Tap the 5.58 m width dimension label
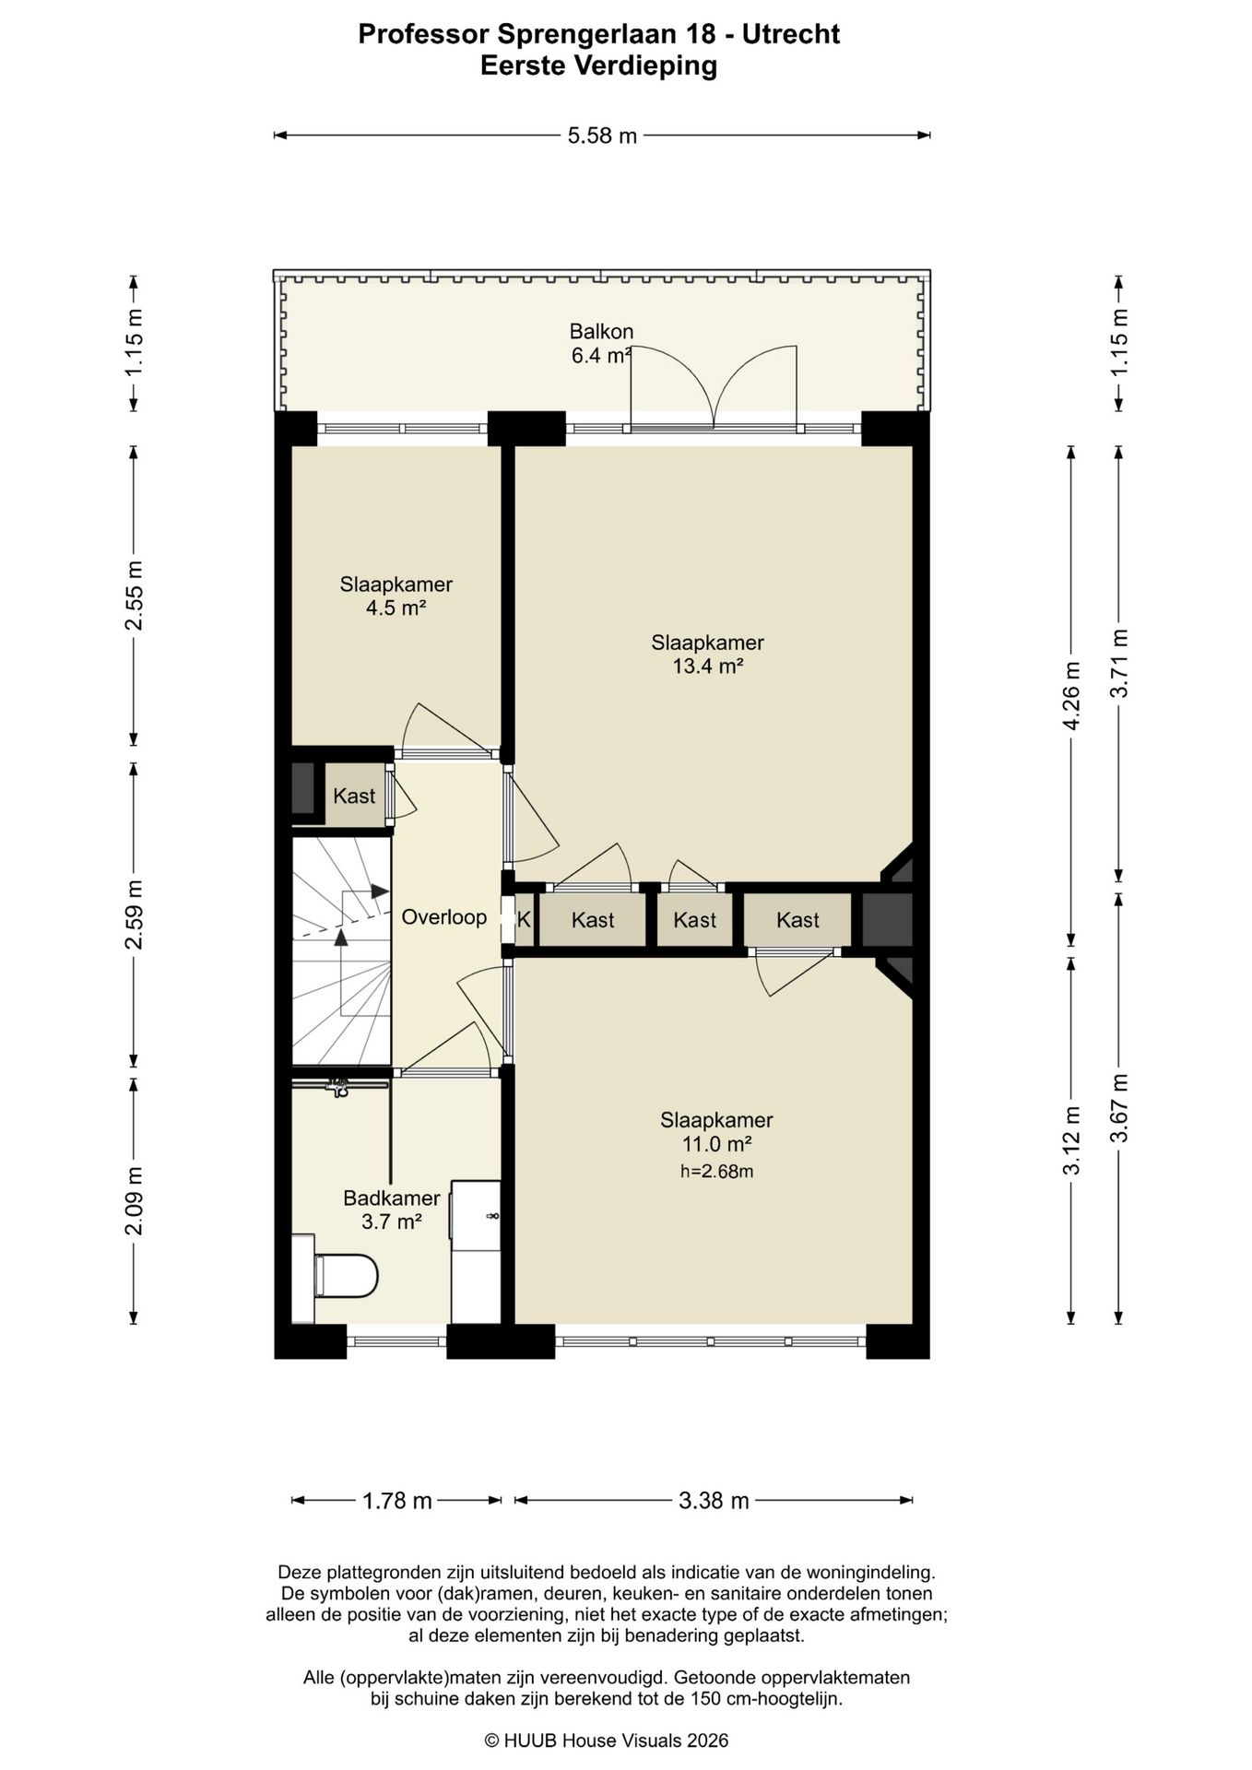[602, 136]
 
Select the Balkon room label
[601, 331]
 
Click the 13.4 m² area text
[708, 666]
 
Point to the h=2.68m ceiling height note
[716, 1172]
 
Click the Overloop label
[443, 917]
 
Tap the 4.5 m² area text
[396, 608]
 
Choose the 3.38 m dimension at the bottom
[714, 1501]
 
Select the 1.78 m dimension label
[396, 1501]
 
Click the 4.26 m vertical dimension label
[1071, 696]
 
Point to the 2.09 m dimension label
[135, 1201]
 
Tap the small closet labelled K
[524, 919]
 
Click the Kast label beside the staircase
[354, 796]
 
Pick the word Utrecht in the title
[791, 34]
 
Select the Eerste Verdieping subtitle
[599, 65]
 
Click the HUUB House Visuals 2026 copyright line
[607, 1740]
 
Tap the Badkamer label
[391, 1198]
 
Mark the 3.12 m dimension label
[1071, 1140]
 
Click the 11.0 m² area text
[716, 1144]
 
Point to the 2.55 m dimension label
[135, 596]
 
